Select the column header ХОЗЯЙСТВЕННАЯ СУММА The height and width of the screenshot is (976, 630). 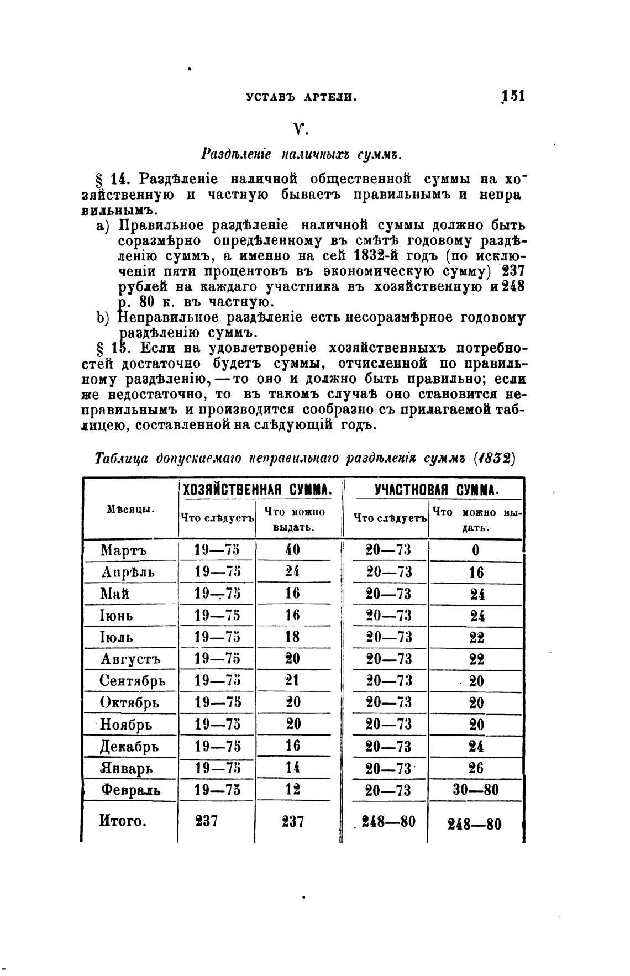tap(257, 489)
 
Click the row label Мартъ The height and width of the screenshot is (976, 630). tap(124, 550)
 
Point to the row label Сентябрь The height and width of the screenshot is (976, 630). tap(133, 680)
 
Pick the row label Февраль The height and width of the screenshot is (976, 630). tap(131, 790)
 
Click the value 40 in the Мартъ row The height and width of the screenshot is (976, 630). tap(292, 550)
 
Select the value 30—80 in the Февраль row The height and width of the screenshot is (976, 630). tap(475, 790)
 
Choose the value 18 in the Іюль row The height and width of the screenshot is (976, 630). tap(292, 637)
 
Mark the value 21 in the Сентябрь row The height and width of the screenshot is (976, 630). tap(292, 680)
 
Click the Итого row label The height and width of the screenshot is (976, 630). tap(123, 821)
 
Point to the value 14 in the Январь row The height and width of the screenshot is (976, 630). tap(292, 768)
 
